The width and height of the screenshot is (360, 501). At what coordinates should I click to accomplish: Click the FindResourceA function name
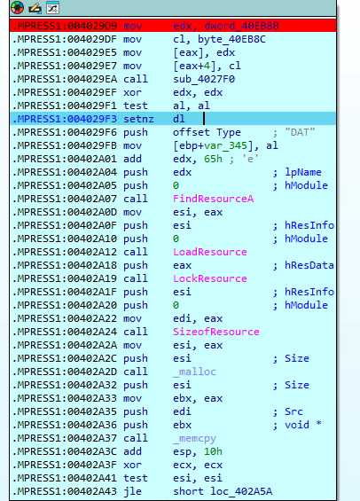pos(213,199)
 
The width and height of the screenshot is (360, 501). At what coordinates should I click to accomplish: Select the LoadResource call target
pos(210,252)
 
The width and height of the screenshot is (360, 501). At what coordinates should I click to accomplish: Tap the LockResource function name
pos(210,278)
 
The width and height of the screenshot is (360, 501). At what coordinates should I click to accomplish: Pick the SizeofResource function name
pos(216,332)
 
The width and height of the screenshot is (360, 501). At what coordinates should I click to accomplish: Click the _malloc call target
pos(194,372)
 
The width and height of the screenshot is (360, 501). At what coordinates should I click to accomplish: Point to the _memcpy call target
pos(194,438)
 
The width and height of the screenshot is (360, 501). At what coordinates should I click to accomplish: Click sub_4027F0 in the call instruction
pos(204,79)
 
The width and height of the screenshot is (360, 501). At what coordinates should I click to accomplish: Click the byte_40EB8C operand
pos(231,39)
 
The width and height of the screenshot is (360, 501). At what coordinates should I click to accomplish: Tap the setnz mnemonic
pos(138,119)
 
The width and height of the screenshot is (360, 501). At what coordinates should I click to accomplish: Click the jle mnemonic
pos(132,491)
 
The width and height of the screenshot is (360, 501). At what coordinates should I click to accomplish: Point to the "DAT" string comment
pos(300,132)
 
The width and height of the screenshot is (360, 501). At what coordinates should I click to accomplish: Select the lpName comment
pos(303,172)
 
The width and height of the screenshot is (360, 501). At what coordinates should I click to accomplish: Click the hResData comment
pos(309,265)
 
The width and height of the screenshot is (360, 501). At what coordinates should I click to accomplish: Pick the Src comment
pos(293,411)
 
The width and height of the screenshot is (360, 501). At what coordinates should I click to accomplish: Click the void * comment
pos(303,425)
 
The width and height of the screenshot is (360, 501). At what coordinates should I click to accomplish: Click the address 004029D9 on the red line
pos(92,26)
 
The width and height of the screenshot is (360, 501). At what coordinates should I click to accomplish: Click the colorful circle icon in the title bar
pos(17,8)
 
